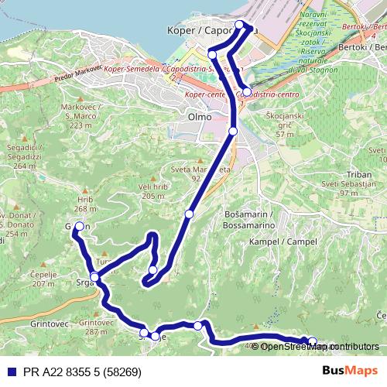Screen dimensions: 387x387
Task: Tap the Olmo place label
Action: [x=200, y=117]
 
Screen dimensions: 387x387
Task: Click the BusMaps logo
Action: [x=350, y=370]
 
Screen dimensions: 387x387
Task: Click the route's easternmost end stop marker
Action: [x=313, y=341]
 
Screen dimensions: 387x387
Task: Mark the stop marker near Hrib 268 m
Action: [x=79, y=226]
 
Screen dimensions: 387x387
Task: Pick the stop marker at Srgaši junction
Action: [x=94, y=277]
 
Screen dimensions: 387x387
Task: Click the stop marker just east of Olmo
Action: [x=233, y=131]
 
